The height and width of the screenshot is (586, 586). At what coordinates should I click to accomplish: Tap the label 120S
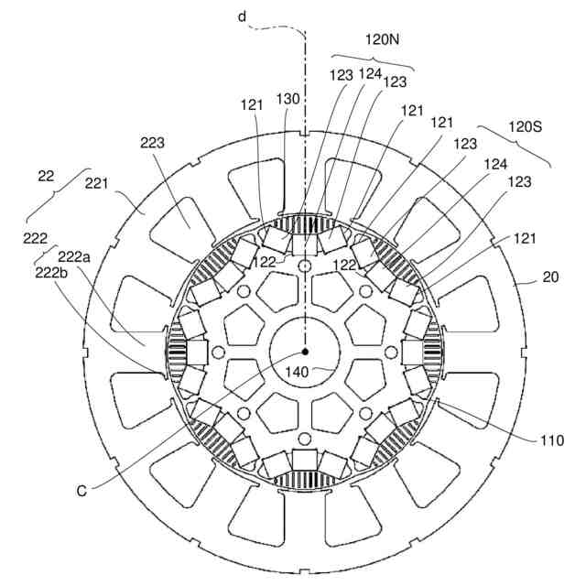(x=526, y=127)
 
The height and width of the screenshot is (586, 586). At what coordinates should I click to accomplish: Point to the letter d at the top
(x=243, y=16)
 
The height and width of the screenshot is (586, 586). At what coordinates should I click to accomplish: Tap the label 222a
(x=74, y=258)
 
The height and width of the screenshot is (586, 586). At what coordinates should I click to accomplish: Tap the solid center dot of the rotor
(x=306, y=352)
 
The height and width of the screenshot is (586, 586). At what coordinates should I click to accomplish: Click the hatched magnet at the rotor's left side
(x=177, y=353)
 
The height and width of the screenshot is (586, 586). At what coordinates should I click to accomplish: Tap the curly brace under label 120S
(x=515, y=146)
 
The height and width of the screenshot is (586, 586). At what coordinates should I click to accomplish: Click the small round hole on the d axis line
(x=306, y=266)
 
